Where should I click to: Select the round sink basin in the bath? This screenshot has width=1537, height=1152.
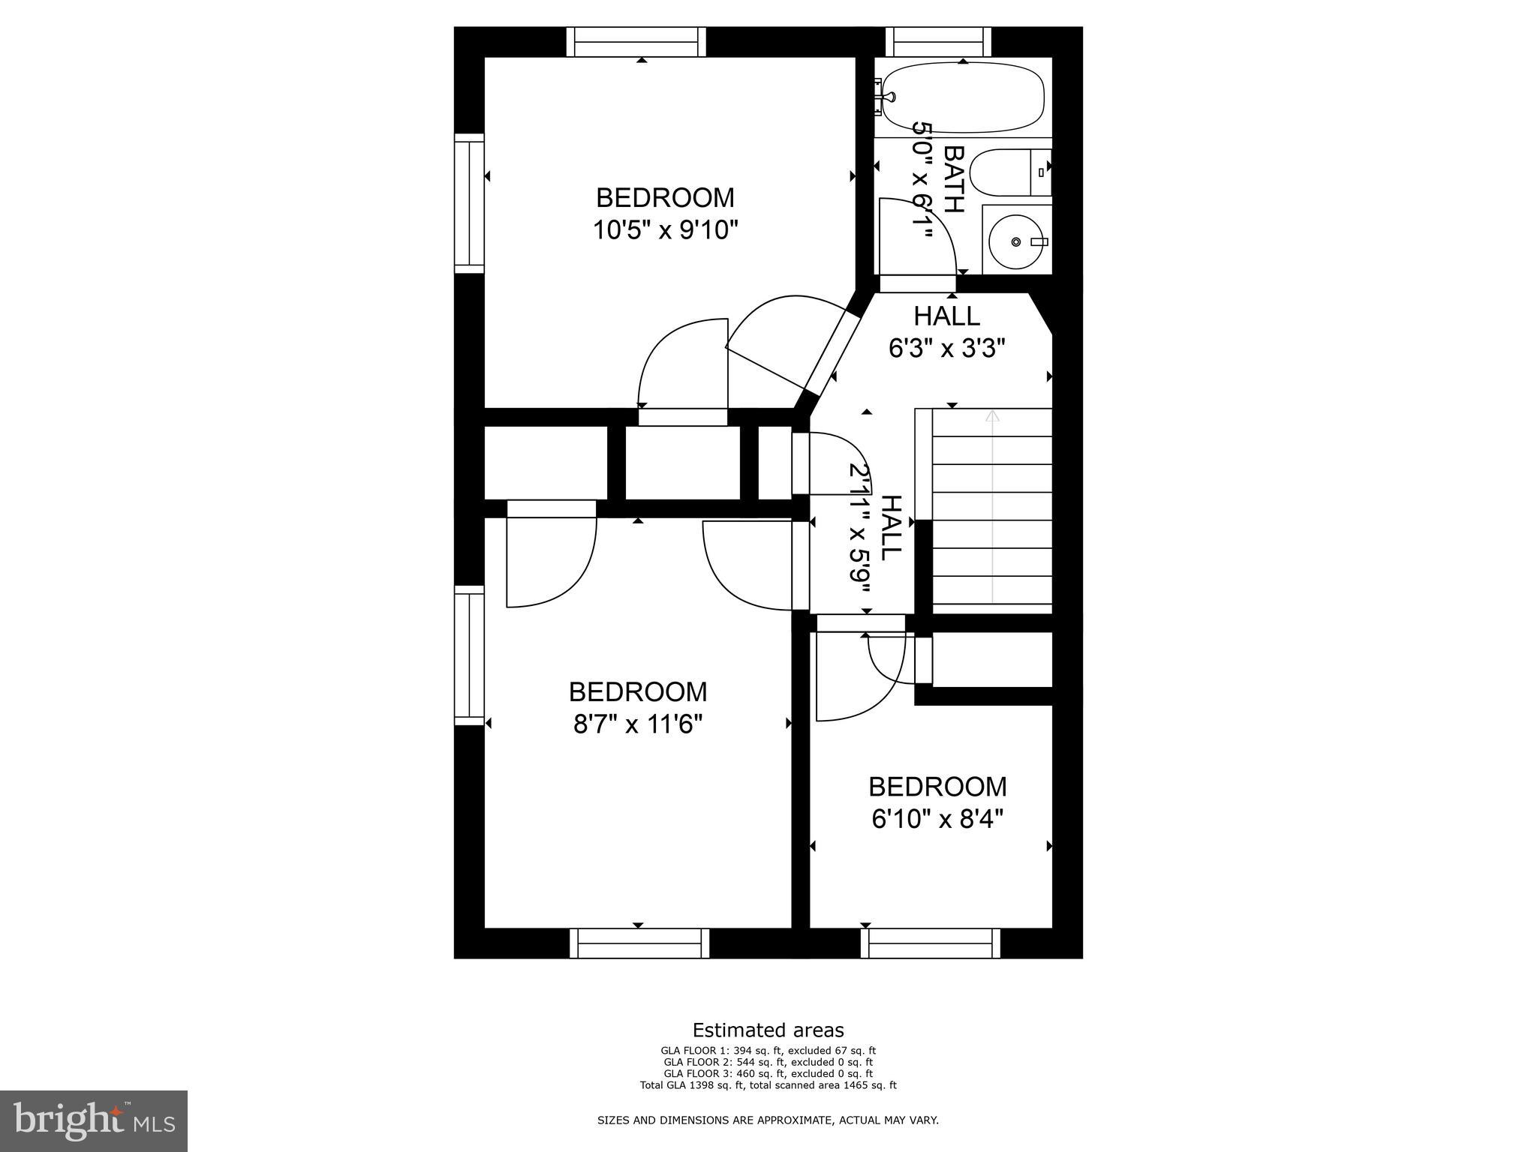(1016, 241)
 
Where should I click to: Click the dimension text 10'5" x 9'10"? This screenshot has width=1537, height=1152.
(666, 229)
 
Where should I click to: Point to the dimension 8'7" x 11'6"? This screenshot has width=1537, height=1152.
(638, 724)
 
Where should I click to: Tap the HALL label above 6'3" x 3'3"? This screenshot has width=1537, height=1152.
(946, 316)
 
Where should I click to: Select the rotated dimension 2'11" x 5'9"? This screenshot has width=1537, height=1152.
(859, 538)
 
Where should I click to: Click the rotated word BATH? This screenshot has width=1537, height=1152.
(953, 179)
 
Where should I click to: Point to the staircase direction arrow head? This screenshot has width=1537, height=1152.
(992, 415)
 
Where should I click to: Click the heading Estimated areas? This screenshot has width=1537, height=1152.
(768, 1030)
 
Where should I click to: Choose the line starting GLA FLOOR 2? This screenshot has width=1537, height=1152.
(768, 1062)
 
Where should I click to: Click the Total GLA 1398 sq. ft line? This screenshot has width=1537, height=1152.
(768, 1084)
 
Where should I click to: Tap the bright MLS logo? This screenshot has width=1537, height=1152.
(94, 1120)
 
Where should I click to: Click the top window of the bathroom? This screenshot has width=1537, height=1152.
(938, 41)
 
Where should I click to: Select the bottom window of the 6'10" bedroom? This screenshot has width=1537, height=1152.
(931, 943)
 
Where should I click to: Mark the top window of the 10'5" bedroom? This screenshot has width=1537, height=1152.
(636, 41)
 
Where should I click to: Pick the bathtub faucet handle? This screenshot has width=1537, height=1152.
(888, 97)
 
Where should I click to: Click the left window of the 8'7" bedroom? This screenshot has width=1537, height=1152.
(469, 655)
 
